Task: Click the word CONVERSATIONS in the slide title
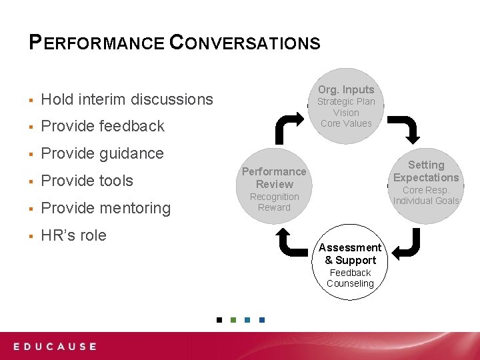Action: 245,43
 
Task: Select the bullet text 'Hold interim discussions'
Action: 127,99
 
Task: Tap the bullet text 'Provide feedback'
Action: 103,126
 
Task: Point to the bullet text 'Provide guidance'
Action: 102,153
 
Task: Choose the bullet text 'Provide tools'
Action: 87,181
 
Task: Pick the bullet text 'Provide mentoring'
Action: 105,208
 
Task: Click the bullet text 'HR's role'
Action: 73,235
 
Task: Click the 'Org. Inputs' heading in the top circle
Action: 346,89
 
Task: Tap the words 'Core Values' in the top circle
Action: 346,123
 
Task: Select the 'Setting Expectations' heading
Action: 426,171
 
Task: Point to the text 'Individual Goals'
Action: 426,201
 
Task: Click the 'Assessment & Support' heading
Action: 350,254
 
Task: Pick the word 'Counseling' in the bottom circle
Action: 350,283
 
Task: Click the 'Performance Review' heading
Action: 274,178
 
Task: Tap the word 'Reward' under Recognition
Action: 274,207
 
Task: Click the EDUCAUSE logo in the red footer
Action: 55,347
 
